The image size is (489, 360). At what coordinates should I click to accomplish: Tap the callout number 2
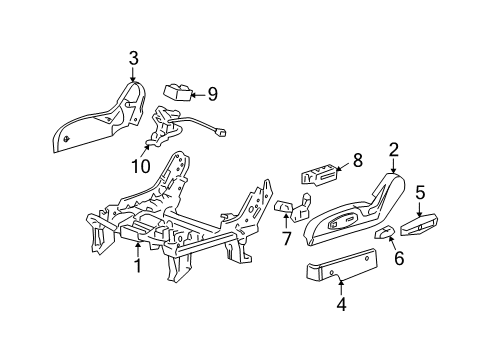coord(393,150)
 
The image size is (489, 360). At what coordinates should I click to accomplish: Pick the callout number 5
coord(420,192)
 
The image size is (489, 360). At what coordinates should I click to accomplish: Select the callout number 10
coord(137,164)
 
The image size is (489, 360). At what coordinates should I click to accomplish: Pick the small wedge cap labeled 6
coord(383,235)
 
